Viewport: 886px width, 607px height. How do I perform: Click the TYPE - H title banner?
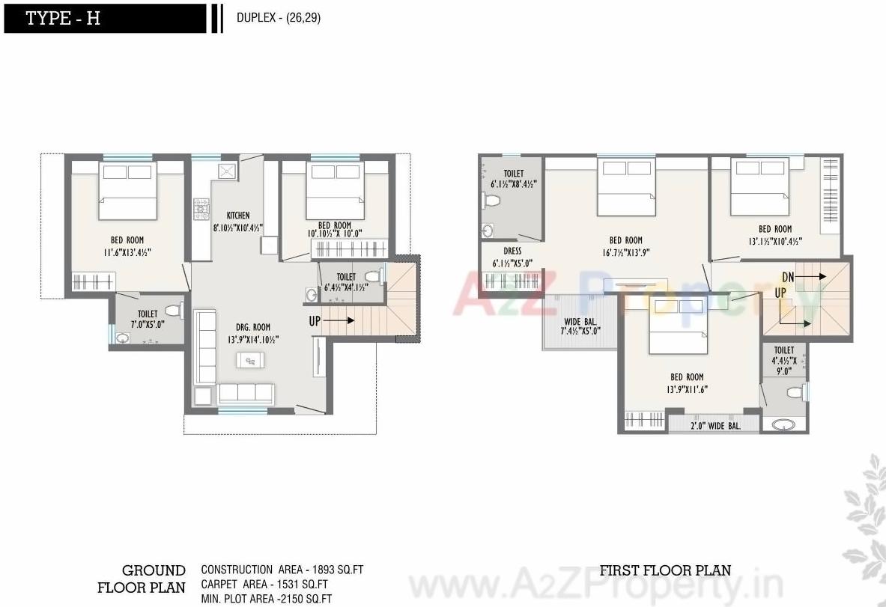click(104, 19)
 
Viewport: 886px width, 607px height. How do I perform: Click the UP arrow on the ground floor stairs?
click(330, 321)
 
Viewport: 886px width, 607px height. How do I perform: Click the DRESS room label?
click(512, 251)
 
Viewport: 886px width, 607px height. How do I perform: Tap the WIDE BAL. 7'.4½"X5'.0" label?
click(580, 326)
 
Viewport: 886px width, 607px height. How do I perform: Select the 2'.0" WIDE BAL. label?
click(714, 426)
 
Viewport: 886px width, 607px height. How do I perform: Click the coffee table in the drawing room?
click(249, 361)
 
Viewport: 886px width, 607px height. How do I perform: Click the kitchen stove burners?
click(201, 209)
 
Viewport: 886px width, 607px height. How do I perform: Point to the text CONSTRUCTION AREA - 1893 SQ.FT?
click(282, 570)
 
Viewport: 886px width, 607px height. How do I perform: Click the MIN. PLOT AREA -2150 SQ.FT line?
click(266, 598)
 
